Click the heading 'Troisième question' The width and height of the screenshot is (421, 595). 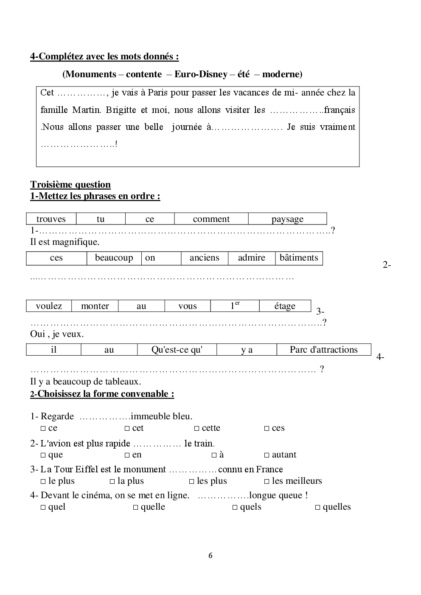point(70,185)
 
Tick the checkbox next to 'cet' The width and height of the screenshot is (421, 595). point(127,429)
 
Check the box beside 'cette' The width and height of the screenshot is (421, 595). point(196,429)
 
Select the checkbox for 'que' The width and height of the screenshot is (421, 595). point(43,455)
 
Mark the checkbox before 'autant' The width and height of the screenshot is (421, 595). point(267,455)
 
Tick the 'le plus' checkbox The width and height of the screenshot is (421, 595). point(43,482)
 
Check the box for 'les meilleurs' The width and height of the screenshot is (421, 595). point(267,482)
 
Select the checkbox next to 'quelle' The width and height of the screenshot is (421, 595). point(135,508)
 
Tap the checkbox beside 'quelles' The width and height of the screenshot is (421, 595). point(317,508)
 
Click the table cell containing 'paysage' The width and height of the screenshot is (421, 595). point(287,219)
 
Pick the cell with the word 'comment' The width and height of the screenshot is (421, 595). point(211,219)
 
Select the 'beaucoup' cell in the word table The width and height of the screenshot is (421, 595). point(114,258)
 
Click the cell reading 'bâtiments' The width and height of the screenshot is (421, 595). point(299,258)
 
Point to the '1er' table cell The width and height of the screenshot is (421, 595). point(235,306)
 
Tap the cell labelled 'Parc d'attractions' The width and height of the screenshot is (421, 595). point(323,350)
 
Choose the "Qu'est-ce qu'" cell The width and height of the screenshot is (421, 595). point(177,350)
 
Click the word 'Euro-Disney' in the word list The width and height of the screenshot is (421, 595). point(201,74)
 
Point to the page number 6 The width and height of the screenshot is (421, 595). point(210,556)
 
